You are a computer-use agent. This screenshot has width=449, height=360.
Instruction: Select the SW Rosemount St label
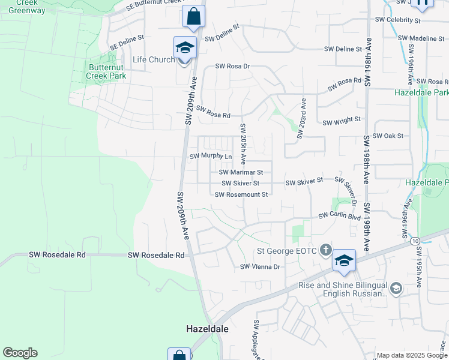coord(241,194)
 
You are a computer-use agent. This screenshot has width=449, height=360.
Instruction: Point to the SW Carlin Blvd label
coord(339,214)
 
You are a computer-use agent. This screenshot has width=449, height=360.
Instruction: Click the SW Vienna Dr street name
coord(261,266)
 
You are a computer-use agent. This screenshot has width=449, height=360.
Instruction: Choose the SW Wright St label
coord(342,122)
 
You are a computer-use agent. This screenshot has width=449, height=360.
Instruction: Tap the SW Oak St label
coord(388,136)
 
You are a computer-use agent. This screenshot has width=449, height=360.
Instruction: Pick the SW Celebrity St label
coord(397,20)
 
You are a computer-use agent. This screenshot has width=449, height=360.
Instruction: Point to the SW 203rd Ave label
coord(301,119)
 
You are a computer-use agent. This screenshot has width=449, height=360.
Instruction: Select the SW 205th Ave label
coord(243,144)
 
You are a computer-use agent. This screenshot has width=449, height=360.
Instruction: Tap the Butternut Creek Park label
coord(106,71)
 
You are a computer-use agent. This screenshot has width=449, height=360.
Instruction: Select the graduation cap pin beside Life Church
coord(185,48)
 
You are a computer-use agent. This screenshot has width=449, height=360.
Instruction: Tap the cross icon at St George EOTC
coord(325,250)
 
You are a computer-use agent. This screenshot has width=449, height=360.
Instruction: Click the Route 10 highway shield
coord(415,241)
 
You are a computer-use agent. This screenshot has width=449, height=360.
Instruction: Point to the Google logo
coord(20,353)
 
